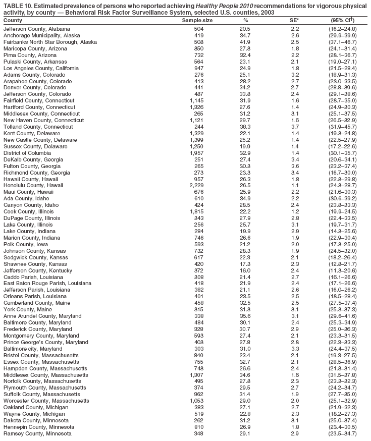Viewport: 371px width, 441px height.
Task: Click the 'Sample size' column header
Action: coord(197,20)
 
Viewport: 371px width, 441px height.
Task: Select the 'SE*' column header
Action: coord(294,20)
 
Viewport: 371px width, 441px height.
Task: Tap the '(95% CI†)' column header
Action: coord(342,20)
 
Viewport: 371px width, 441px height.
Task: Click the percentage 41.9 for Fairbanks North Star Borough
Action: coord(245,42)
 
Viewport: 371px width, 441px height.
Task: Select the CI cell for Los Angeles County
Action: coord(342,68)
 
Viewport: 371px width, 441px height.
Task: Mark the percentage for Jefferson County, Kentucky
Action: coord(245,270)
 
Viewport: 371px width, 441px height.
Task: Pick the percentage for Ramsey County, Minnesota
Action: coord(245,433)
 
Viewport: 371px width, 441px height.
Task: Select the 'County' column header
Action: coord(13,20)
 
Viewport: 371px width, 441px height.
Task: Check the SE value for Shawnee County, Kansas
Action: coord(295,264)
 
